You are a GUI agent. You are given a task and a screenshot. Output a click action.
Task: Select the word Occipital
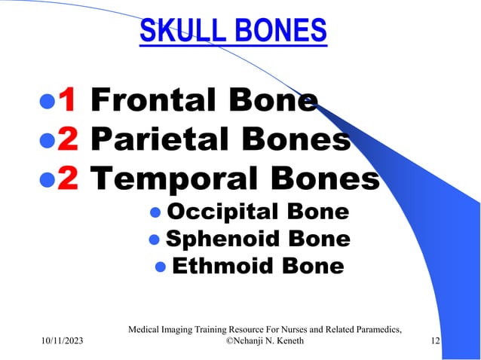[x=213, y=212]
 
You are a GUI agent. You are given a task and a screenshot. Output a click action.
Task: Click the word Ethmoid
[x=214, y=267]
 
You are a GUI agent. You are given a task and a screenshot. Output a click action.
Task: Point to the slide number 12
[x=435, y=342]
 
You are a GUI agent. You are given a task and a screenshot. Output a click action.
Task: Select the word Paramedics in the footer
[x=374, y=328]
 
